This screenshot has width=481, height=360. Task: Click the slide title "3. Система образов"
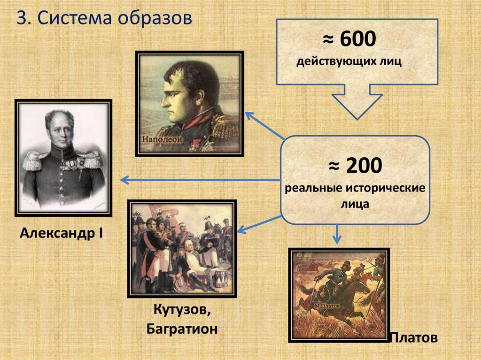pyautogui.click(x=105, y=19)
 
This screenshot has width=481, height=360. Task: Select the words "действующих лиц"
pyautogui.click(x=349, y=62)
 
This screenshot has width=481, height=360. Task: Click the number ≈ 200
pyautogui.click(x=355, y=166)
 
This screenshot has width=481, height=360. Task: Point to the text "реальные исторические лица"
pyautogui.click(x=355, y=196)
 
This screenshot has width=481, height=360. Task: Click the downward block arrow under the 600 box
pyautogui.click(x=357, y=101)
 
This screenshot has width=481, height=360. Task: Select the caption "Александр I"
pyautogui.click(x=62, y=233)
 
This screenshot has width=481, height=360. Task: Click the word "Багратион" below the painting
pyautogui.click(x=182, y=329)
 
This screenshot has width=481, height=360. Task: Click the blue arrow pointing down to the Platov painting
pyautogui.click(x=336, y=234)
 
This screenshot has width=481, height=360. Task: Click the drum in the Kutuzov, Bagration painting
pyautogui.click(x=220, y=277)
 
